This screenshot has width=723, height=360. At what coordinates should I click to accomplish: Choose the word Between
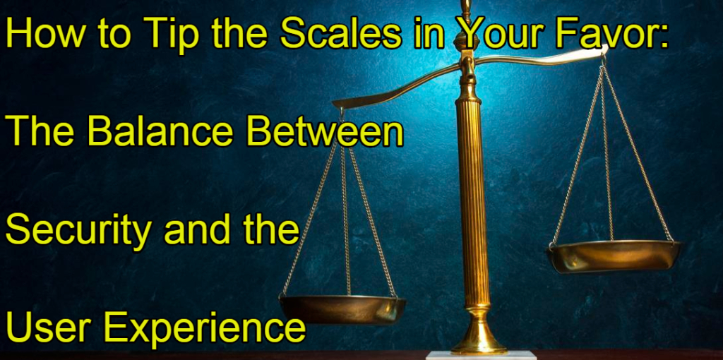[325, 131]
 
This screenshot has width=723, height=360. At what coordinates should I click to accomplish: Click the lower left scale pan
[342, 310]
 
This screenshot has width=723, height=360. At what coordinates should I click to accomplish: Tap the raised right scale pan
[614, 256]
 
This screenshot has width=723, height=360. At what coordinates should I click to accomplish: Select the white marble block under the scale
[481, 356]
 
